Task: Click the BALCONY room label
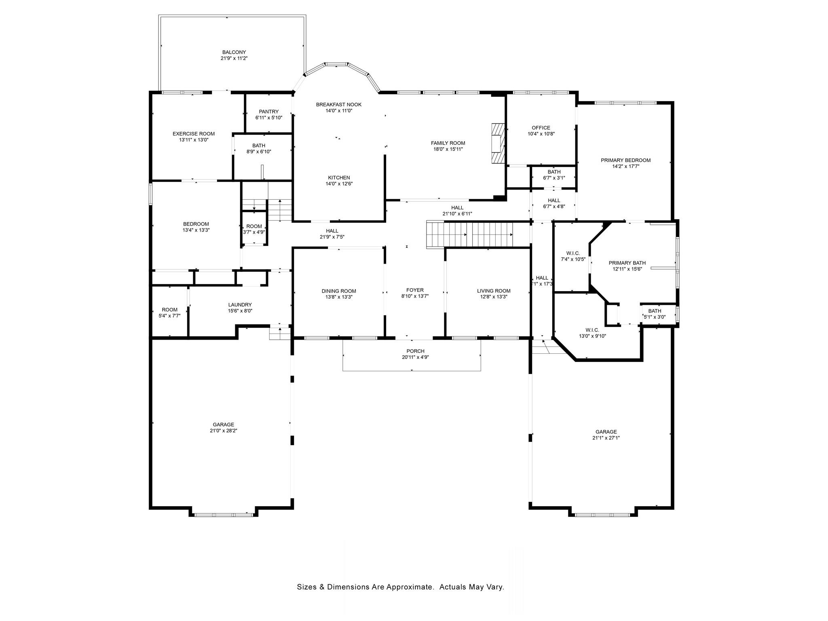234,52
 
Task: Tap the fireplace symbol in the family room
498,143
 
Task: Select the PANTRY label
268,112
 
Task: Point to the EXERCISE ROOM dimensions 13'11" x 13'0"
194,140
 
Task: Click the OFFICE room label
541,128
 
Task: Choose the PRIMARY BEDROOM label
625,160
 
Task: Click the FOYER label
415,290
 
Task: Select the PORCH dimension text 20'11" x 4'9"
415,357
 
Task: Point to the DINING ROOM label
339,291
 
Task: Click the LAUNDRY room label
240,305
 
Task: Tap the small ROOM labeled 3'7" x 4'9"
254,229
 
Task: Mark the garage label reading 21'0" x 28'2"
223,431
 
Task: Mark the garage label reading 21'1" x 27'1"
606,438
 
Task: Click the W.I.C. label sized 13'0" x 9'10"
592,330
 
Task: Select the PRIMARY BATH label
627,263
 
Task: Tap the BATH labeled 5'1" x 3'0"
655,314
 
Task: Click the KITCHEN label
339,177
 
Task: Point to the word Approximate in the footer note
410,587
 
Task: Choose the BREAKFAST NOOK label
338,105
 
